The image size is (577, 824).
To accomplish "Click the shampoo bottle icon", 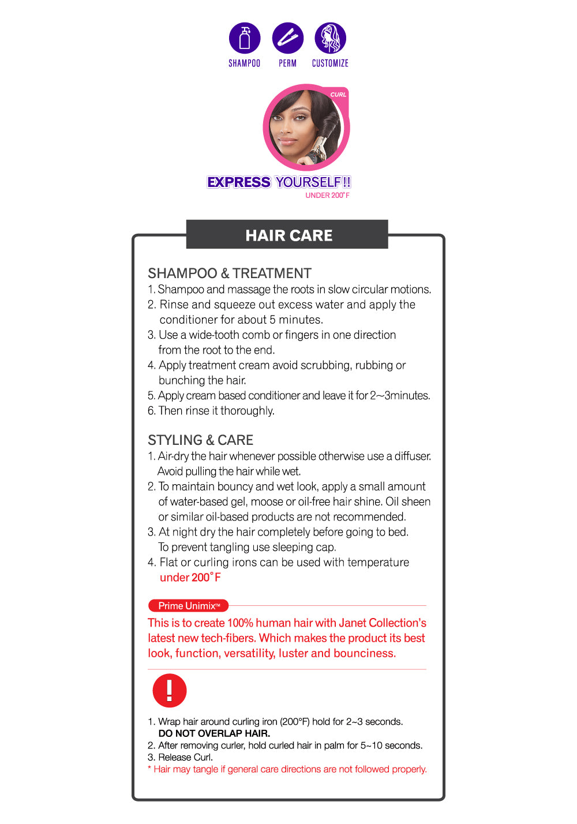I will point(245,38).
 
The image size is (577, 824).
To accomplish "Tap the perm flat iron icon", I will point(287,38).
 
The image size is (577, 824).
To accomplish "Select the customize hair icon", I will point(330,38).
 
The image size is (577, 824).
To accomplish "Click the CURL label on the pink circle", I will point(338,95).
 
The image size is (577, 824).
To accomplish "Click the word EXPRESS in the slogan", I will point(239,182).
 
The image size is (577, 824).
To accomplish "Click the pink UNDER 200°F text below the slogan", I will point(327,196).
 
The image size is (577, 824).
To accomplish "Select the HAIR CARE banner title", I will point(288,235).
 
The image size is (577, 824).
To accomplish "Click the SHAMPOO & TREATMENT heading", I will point(230,274).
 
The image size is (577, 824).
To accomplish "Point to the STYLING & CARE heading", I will point(200,440).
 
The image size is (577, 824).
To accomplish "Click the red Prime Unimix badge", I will point(188,606).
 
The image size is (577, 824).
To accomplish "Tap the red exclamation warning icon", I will point(169,690).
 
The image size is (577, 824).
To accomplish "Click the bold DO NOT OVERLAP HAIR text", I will point(214,733).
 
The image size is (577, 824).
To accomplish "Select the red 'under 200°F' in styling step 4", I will point(190,578).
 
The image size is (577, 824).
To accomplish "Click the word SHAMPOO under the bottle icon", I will point(244,63).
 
